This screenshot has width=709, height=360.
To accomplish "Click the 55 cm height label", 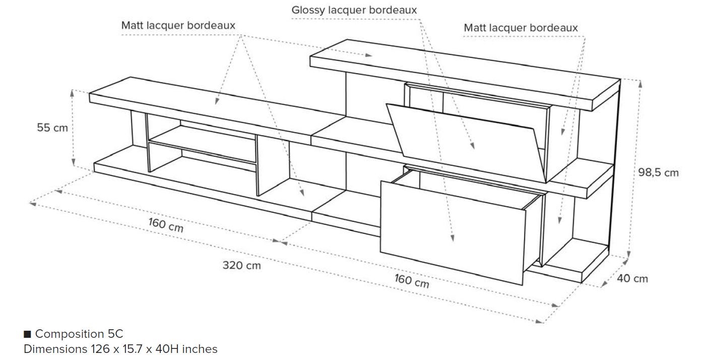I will click(52, 128).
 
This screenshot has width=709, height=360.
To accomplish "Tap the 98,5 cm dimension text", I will click(659, 172).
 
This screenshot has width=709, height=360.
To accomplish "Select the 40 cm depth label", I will click(632, 278).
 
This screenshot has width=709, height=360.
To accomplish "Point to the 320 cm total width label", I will click(242, 265).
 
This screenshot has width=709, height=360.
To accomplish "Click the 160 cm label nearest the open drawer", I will click(412, 281).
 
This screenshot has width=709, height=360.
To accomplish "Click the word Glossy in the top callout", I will click(308, 10).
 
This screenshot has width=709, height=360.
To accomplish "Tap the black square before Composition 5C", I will click(28, 334).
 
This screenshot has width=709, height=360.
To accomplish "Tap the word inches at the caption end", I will click(200, 349).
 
